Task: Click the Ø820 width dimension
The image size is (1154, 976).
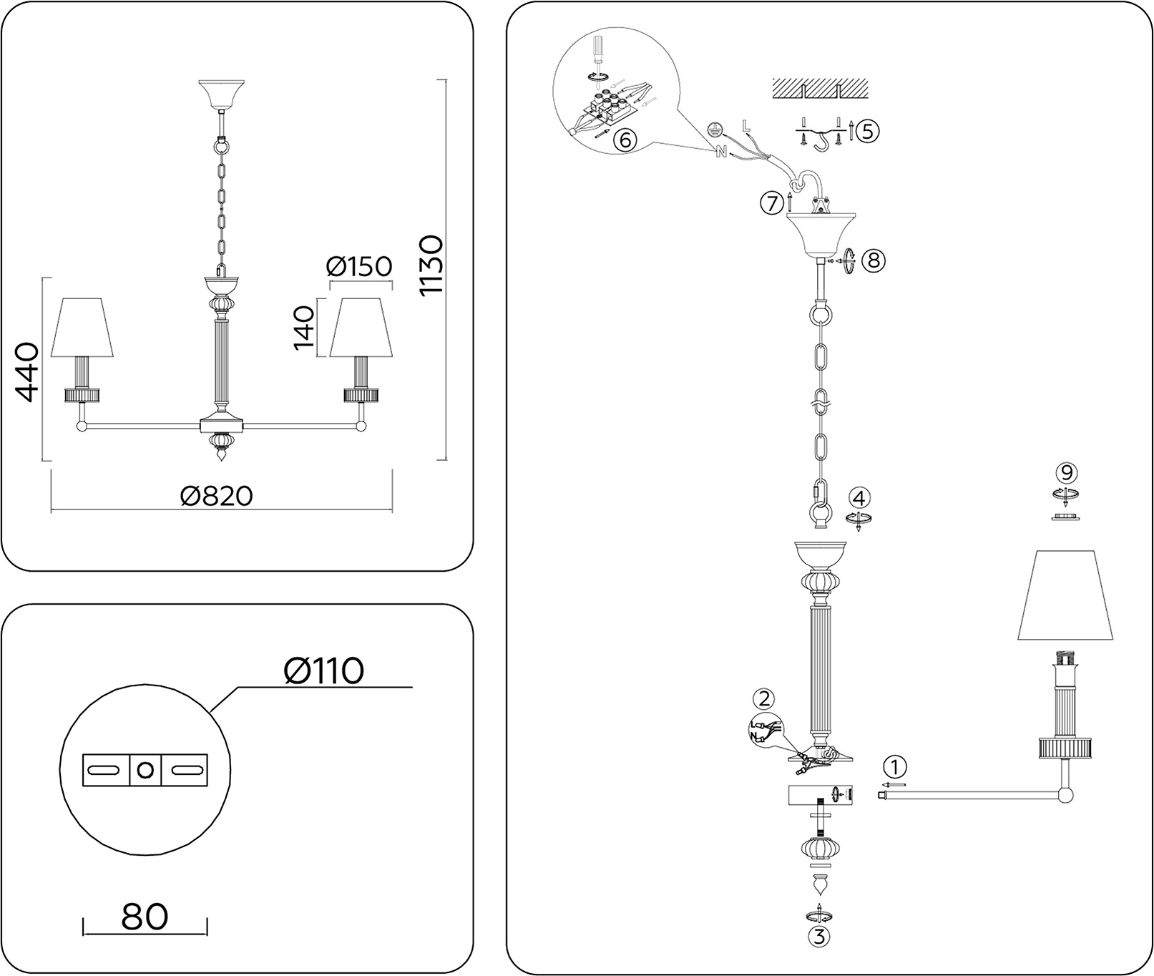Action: (217, 496)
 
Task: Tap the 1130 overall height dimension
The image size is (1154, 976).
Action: (432, 265)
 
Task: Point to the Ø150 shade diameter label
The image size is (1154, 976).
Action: (359, 266)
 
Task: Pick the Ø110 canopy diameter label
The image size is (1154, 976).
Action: (323, 670)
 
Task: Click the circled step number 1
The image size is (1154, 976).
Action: (894, 767)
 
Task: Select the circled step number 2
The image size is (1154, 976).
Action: (764, 699)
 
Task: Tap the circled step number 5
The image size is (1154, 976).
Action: (869, 130)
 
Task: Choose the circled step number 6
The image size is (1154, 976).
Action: (624, 140)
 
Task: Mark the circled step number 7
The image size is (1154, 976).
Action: (771, 204)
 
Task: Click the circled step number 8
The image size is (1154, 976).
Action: (874, 260)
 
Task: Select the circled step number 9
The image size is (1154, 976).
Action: (1067, 472)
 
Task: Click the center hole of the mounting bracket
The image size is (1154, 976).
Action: (145, 770)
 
